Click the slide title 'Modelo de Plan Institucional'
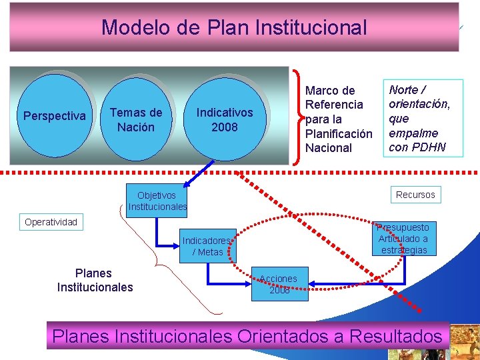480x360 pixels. [x=234, y=27]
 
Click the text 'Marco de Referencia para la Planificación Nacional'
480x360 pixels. [x=339, y=119]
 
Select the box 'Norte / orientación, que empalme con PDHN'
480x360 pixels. [x=423, y=119]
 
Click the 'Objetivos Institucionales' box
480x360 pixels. [x=157, y=201]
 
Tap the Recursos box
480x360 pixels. [x=415, y=195]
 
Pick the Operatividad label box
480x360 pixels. [x=51, y=222]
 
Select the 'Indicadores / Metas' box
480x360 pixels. [x=207, y=246]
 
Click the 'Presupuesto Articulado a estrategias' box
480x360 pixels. [x=403, y=239]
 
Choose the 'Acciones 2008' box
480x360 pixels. [x=279, y=284]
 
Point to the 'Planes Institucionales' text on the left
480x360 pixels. [x=95, y=280]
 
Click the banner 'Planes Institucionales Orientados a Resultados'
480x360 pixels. [x=247, y=336]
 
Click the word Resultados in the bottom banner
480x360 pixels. [x=396, y=336]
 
